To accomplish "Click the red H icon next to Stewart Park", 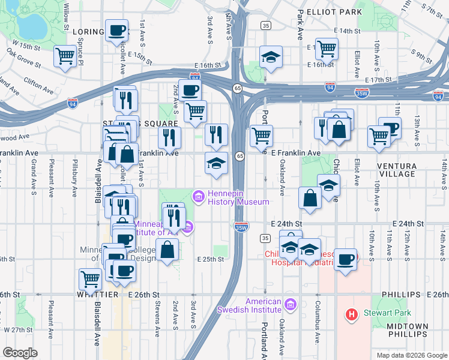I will (352, 313).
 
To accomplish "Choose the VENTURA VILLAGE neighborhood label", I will (396, 169).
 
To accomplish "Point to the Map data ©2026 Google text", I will (411, 355).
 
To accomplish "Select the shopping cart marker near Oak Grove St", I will (65, 56).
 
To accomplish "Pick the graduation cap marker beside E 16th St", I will (271, 58).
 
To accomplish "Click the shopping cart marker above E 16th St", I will (327, 48).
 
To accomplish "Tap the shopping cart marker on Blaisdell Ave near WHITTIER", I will (90, 278).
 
